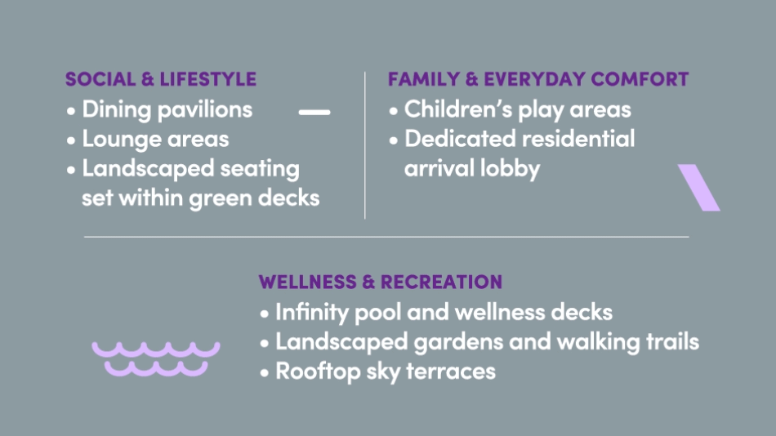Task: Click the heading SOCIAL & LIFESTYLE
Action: pos(161,79)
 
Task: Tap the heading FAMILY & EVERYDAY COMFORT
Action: pos(538,79)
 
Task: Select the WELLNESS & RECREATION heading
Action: pos(380,282)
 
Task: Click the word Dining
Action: pos(116,110)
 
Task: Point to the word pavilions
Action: pos(205,110)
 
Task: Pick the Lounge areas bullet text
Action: pos(155,139)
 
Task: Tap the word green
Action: pos(221,199)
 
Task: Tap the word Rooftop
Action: pos(318,371)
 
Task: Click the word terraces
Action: pos(450,371)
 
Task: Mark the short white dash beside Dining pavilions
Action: pos(314,113)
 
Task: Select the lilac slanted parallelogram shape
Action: pos(698,188)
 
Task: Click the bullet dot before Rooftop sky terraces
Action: pos(265,372)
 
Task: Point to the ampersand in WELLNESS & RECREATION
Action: pos(368,282)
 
